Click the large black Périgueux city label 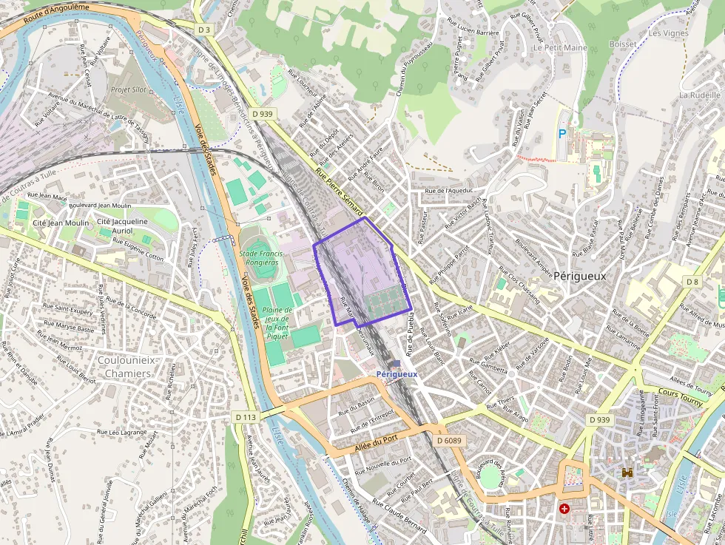(579, 276)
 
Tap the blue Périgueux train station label (397, 374)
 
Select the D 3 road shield (204, 30)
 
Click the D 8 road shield (692, 282)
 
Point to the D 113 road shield (246, 417)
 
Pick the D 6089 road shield (448, 440)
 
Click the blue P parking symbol (562, 134)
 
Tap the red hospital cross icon (564, 509)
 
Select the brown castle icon (627, 471)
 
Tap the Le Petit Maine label (560, 47)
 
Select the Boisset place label (622, 44)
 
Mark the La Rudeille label (699, 95)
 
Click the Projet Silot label (129, 89)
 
